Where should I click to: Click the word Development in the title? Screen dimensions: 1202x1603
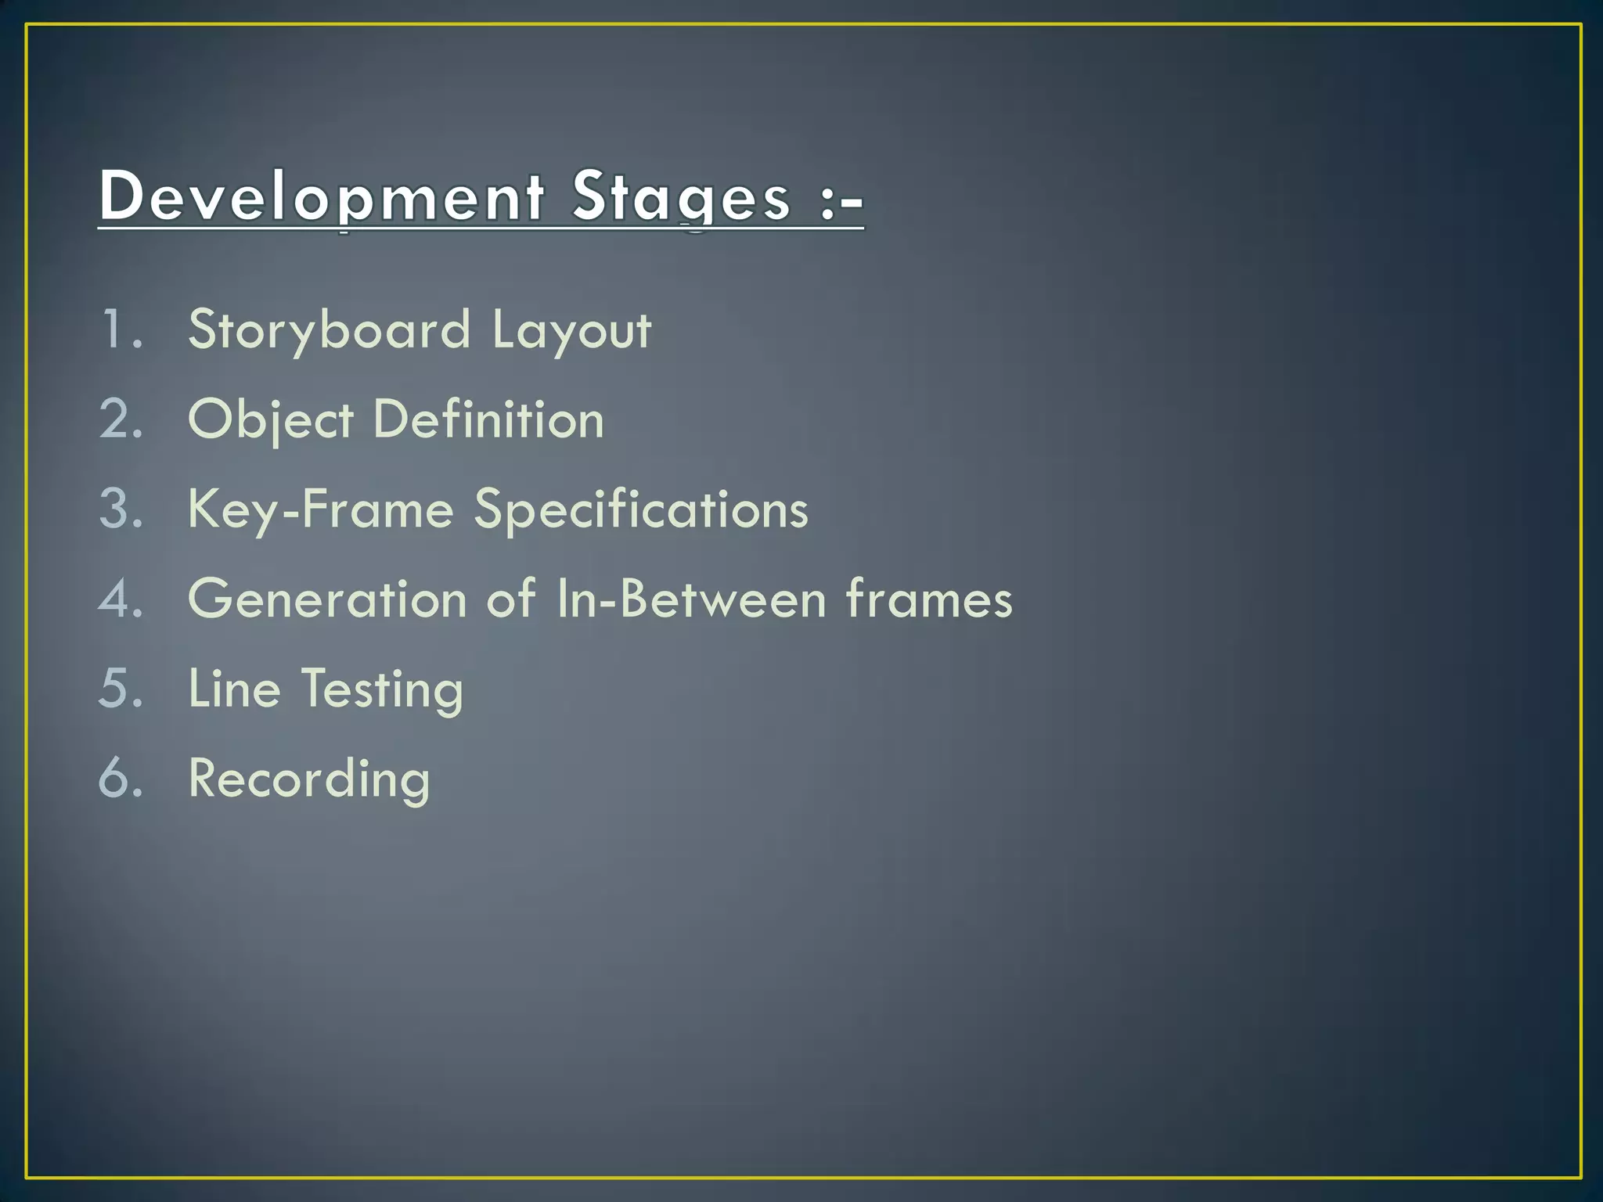coord(321,196)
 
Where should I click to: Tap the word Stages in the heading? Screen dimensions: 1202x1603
coord(681,196)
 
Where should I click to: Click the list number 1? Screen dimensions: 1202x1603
coord(121,329)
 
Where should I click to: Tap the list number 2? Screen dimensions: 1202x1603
coord(121,419)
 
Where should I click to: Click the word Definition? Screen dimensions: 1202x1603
coord(488,419)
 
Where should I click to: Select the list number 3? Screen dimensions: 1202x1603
coord(121,509)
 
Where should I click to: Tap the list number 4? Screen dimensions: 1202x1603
coord(121,599)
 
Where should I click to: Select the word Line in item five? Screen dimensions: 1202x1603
coord(234,689)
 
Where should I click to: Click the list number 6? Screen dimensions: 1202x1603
coord(121,779)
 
